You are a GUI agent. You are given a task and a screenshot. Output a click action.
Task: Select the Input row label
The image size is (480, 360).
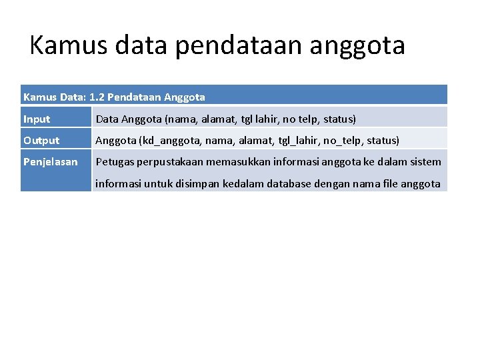pos(37,119)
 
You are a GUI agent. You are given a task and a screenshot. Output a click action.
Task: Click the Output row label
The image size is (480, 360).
pos(41,141)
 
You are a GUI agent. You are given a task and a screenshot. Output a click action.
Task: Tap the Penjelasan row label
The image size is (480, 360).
pos(50,162)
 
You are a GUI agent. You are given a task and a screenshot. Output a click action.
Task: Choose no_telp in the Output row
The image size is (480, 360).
pos(343,141)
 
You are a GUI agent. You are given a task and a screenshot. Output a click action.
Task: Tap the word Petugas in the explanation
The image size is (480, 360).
pos(115,162)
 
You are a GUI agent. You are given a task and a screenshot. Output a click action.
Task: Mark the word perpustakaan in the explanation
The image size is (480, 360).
pos(171,162)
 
